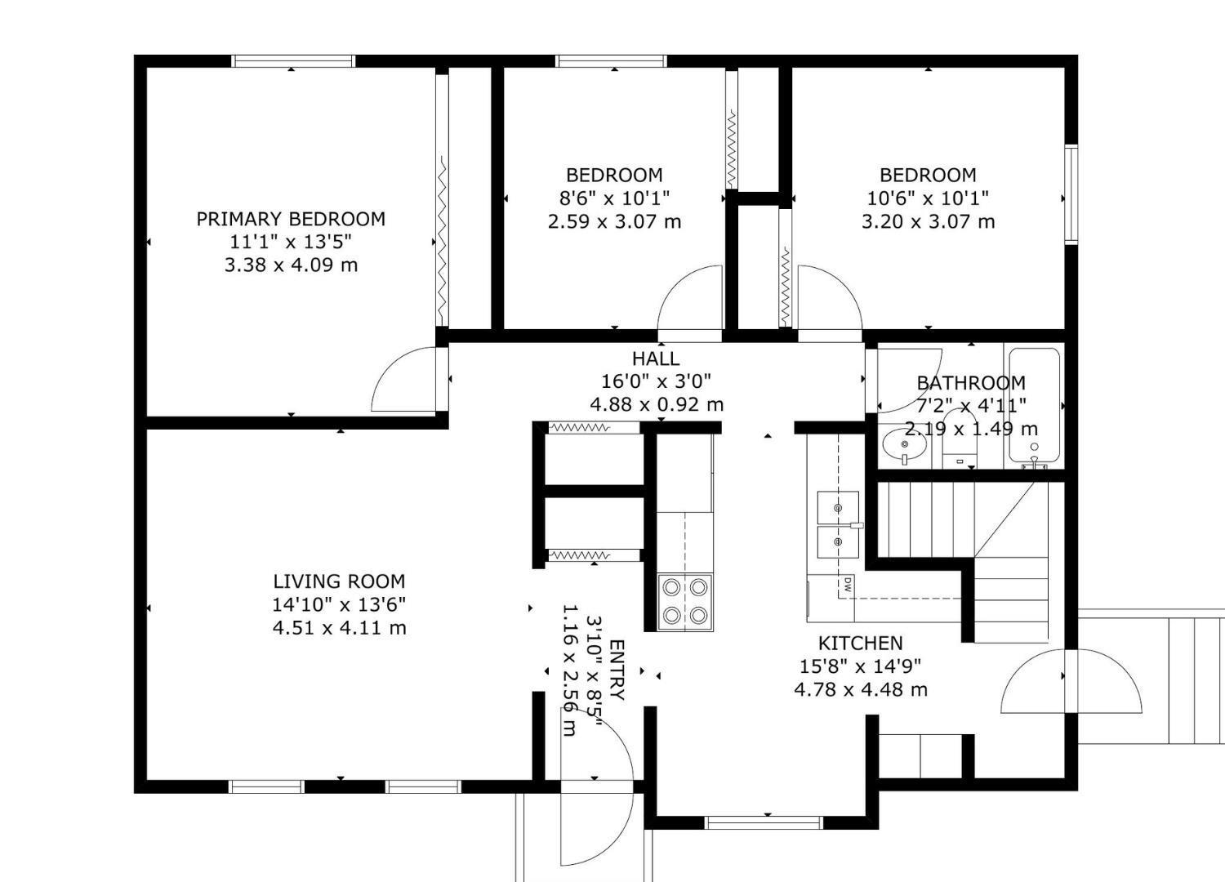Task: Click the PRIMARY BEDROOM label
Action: tap(291, 219)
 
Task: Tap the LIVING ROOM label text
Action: tap(339, 581)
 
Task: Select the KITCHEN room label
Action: tap(860, 643)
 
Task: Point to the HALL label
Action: tap(655, 359)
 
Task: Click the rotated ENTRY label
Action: tap(617, 670)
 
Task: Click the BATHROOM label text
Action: tap(970, 383)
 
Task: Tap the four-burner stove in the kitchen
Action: tap(685, 602)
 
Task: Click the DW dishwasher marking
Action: tap(848, 584)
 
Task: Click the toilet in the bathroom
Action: tap(960, 445)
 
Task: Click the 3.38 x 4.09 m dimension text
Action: tap(291, 265)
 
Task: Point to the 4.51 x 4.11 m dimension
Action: tap(339, 628)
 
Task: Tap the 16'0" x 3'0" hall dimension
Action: tap(655, 381)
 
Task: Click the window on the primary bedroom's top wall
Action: tap(293, 61)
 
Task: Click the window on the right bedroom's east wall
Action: tap(1071, 194)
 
